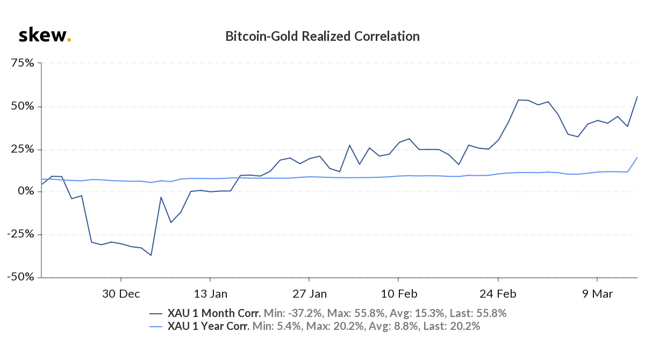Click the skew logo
(x=45, y=36)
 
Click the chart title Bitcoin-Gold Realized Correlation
(x=322, y=37)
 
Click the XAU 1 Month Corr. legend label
(x=214, y=313)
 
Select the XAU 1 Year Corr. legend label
(x=209, y=326)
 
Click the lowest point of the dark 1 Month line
(x=151, y=255)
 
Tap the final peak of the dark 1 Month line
(x=637, y=96)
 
